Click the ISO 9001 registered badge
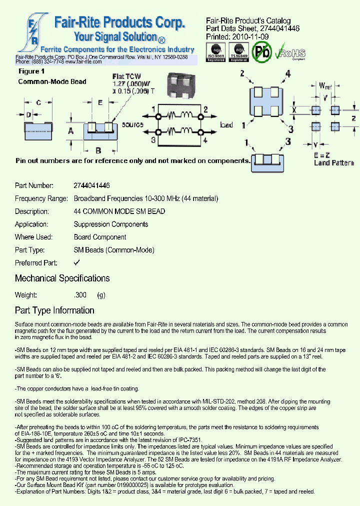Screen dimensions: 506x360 pos(216,52)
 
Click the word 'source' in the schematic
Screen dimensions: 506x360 pos(132,124)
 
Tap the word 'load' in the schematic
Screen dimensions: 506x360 pos(226,124)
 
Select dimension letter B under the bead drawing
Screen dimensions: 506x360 pos(98,150)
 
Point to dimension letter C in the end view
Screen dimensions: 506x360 pos(38,103)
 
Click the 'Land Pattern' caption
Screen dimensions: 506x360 pos(334,163)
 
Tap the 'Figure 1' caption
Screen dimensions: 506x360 pos(31,71)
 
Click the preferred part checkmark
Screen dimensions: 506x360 pos(77,262)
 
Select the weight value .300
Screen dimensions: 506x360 pos(80,295)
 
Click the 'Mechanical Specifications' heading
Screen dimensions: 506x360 pos(62,278)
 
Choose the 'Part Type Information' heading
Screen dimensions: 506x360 pos(54,310)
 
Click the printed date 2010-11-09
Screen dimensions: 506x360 pos(251,36)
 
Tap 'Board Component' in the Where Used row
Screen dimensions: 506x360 pos(100,237)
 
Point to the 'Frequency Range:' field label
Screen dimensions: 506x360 pos(41,198)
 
